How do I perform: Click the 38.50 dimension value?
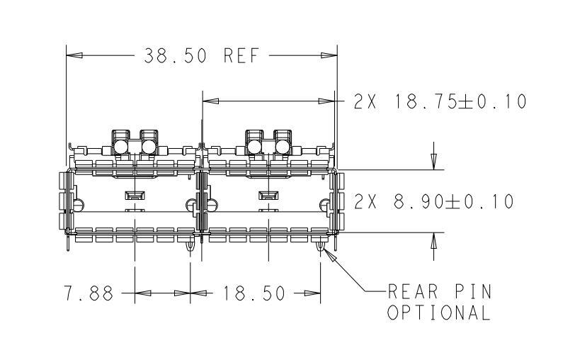[175, 56]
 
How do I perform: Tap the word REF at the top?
[241, 56]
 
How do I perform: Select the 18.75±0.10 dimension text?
[460, 101]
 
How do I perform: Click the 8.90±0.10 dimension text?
[454, 201]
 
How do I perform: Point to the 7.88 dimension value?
[89, 293]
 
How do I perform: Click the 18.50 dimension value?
[254, 293]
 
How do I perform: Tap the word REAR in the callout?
[413, 292]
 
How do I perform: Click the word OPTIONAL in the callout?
[438, 313]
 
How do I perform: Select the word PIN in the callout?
[474, 292]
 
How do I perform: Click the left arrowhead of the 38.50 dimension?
[74, 55]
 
